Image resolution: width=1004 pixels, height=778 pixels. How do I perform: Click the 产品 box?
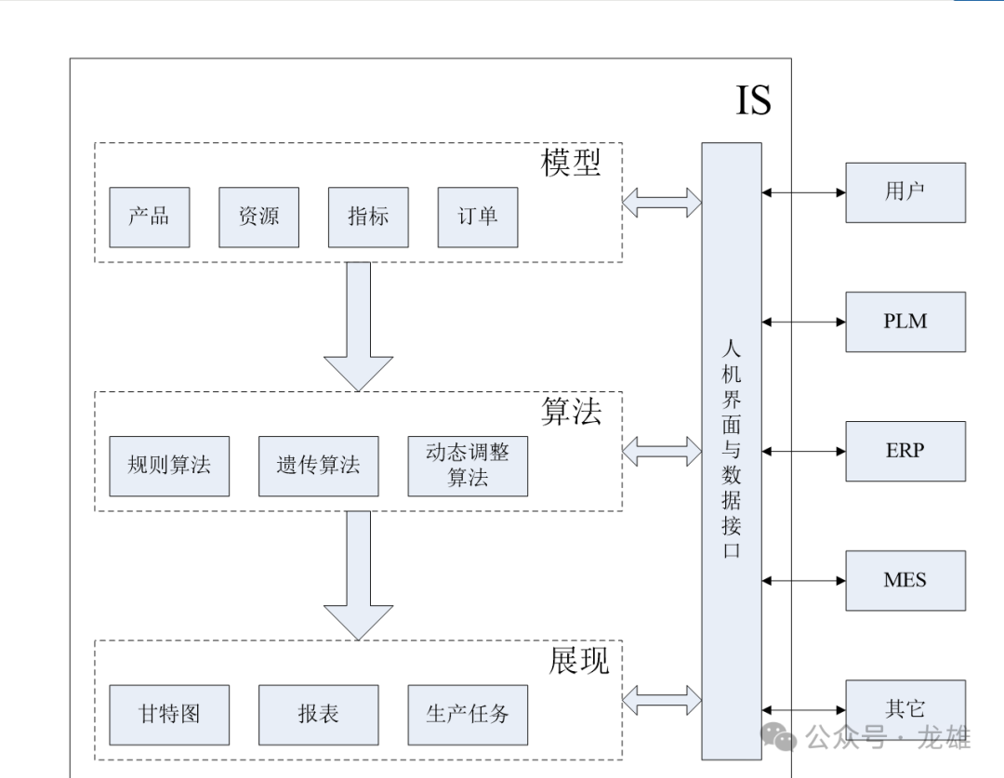[149, 218]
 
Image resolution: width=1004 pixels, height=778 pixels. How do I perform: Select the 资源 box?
[258, 218]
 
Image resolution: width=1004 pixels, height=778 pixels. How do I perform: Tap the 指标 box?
[368, 218]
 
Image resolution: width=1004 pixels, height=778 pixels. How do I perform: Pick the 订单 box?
[478, 218]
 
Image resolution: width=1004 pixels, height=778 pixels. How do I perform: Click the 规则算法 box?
[169, 466]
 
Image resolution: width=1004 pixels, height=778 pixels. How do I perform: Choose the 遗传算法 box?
[318, 466]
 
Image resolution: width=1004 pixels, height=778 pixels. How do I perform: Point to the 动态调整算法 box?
[468, 466]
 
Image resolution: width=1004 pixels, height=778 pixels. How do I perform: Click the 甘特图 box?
[169, 715]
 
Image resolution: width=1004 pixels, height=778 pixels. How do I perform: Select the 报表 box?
[318, 715]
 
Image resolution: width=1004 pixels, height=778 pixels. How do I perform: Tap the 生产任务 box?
[468, 715]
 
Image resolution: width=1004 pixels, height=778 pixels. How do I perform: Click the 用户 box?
[905, 192]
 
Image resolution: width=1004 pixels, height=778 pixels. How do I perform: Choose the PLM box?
[905, 322]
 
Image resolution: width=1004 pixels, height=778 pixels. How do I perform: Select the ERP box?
[905, 451]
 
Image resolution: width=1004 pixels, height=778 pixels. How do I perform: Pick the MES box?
[905, 580]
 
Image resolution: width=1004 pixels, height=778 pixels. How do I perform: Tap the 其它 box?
[905, 709]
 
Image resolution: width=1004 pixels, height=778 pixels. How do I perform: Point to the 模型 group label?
[571, 163]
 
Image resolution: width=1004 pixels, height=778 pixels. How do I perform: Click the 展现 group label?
[578, 661]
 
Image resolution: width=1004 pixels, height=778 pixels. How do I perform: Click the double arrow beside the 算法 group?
[662, 452]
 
